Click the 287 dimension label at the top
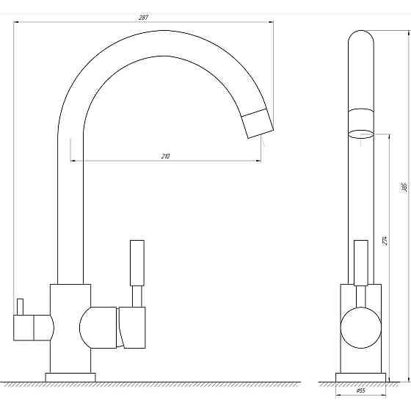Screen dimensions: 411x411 point(144,17)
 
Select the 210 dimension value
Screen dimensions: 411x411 point(165,156)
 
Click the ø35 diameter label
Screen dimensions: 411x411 point(360,390)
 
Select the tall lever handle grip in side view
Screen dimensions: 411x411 point(137,263)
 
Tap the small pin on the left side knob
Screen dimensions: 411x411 point(21,305)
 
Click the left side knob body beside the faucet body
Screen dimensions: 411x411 point(32,326)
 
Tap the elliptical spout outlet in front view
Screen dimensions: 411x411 point(360,134)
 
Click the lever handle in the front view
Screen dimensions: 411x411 point(360,262)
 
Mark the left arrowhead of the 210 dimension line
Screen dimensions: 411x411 point(73,161)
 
